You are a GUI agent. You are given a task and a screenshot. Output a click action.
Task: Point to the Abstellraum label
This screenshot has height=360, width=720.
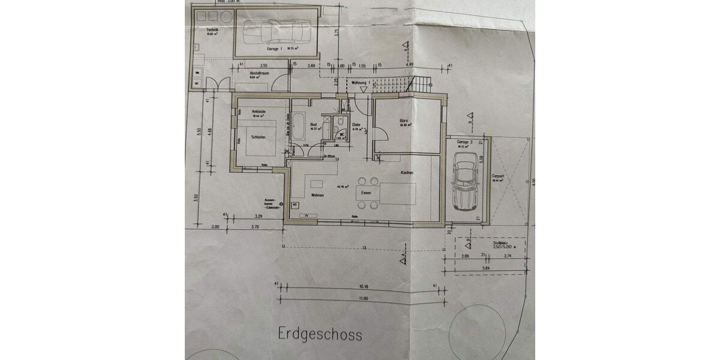point(259,73)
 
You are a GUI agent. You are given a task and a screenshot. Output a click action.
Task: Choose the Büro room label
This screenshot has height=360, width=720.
point(403,122)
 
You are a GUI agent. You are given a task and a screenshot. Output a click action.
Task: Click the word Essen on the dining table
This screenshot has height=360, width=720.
point(367,194)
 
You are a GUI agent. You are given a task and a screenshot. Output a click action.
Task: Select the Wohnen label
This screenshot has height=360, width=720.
point(317,196)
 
